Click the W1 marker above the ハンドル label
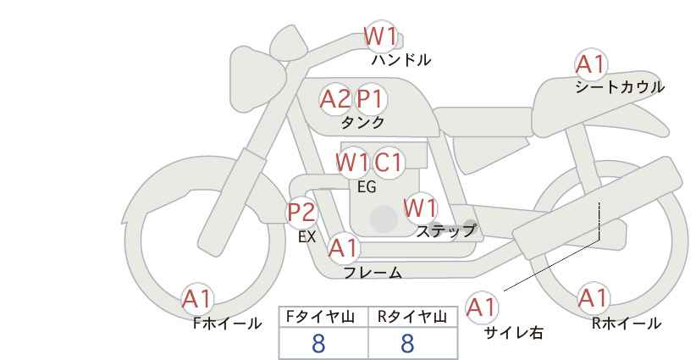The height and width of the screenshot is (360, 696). [380, 36]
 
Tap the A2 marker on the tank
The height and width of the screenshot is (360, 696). [335, 99]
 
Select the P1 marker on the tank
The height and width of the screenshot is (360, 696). [370, 99]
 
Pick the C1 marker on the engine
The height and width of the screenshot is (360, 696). [388, 163]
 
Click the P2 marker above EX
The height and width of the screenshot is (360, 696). [301, 212]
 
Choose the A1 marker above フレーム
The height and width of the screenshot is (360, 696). [343, 248]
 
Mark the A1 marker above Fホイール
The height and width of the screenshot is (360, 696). [197, 299]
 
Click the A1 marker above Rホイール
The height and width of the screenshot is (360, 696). [593, 298]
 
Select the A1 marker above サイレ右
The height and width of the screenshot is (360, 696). [481, 307]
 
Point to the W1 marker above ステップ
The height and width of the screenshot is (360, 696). [420, 208]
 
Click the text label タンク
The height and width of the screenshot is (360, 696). [362, 122]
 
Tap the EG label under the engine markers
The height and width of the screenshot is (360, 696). [367, 187]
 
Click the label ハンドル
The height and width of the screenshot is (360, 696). [401, 59]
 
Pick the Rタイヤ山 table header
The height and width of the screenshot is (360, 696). [412, 317]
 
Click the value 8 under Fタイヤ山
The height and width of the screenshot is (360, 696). [318, 343]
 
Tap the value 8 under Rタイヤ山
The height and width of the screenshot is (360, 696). [407, 343]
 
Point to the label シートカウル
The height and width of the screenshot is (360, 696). [620, 87]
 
